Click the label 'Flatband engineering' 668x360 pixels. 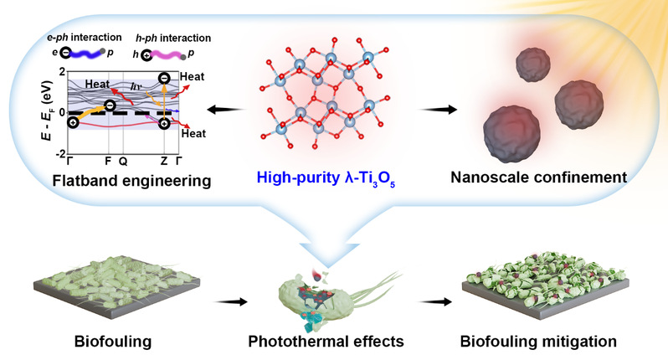tap(131, 181)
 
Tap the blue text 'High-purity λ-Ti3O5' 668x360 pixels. tap(326, 178)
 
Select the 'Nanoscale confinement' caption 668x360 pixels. tap(538, 177)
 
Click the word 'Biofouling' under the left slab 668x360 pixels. tap(113, 342)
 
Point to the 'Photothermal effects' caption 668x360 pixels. tap(326, 342)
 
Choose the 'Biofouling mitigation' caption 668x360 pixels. tap(538, 342)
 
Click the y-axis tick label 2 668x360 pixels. tap(63, 72)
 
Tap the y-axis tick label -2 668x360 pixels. tap(61, 153)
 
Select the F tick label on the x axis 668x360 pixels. tap(108, 161)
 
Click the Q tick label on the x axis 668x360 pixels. tap(123, 161)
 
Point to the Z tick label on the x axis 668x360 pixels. tap(164, 161)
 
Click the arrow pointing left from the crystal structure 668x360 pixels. tap(226, 110)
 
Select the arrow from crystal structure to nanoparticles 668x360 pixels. tap(438, 110)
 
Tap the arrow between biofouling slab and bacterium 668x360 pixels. tap(231, 301)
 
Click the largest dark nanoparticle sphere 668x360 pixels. tap(511, 134)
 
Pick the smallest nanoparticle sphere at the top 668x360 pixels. tap(533, 64)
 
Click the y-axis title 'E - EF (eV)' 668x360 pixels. tap(47, 110)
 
